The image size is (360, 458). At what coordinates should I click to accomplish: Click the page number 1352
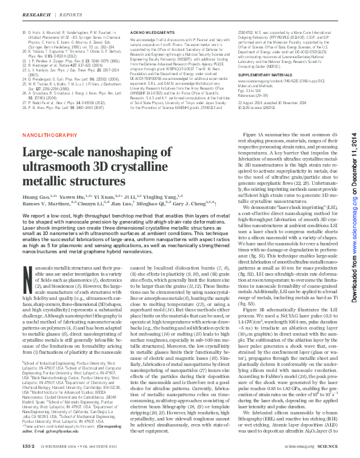29,446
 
